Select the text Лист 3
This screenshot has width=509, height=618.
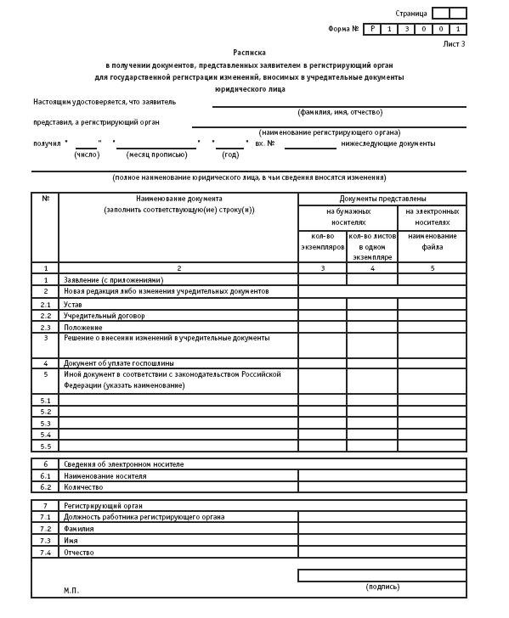tap(454, 43)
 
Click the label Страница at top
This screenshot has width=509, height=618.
tap(411, 14)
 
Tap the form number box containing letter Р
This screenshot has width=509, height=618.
tap(372, 29)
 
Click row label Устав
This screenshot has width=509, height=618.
tap(73, 304)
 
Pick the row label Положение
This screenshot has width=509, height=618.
tap(82, 328)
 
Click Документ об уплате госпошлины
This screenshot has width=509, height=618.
tap(120, 363)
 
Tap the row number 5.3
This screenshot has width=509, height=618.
tap(45, 423)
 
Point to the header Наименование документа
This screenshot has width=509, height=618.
tap(178, 199)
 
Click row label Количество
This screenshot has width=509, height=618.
tap(83, 487)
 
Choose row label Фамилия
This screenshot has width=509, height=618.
tap(78, 529)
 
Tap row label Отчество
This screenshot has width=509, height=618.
tap(78, 553)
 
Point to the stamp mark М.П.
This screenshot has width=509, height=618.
tap(71, 590)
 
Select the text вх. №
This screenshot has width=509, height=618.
tap(264, 143)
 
